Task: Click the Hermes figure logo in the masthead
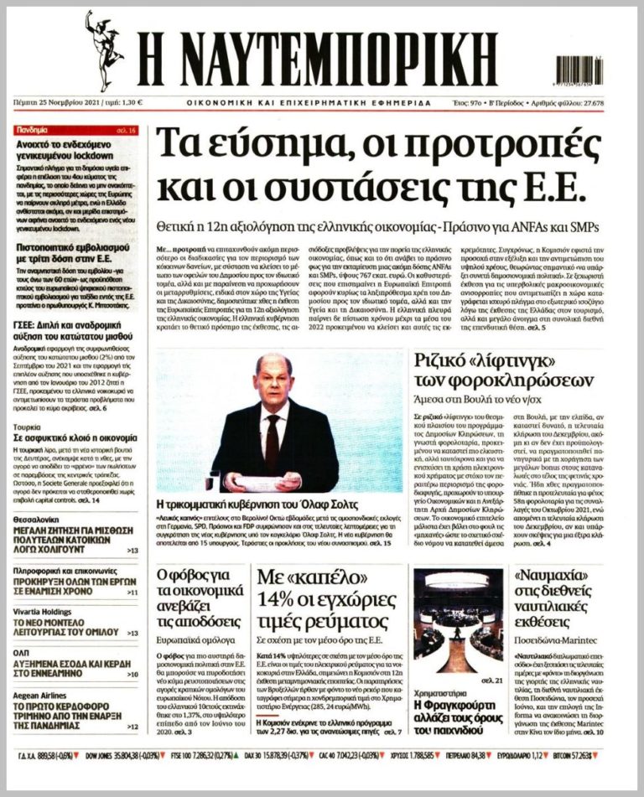pyautogui.click(x=103, y=50)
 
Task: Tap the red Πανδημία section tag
pyautogui.click(x=32, y=131)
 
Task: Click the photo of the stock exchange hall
pyautogui.click(x=458, y=613)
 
